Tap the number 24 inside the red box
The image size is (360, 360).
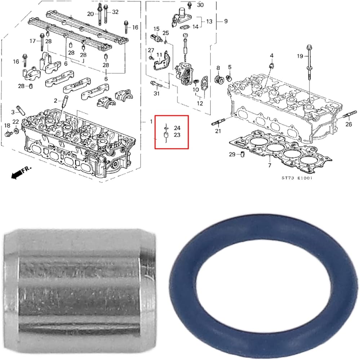tap(177, 128)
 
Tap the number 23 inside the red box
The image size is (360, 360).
tap(177, 135)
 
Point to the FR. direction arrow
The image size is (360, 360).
tap(21, 172)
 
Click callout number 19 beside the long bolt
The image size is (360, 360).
tap(300, 56)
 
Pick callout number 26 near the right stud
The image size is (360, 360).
tap(348, 125)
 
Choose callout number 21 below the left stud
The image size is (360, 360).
tap(218, 131)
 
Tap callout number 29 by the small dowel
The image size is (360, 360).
tap(232, 154)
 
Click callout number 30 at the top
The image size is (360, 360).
tap(200, 5)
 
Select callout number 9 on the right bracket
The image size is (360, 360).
tap(226, 21)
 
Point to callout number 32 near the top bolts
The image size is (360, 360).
tap(115, 12)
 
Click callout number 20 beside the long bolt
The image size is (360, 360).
tap(90, 14)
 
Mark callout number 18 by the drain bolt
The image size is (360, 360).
tap(7, 125)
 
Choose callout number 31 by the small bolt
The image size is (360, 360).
tap(156, 94)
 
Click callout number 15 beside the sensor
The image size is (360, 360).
tap(156, 29)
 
